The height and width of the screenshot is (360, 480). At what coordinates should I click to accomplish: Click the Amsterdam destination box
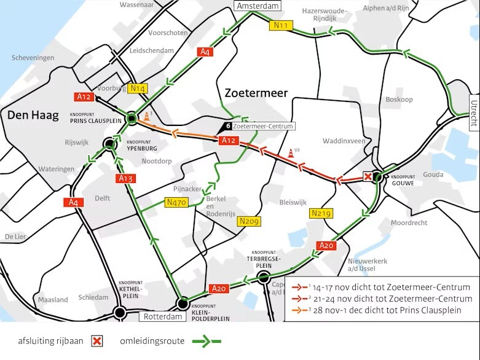(257, 6)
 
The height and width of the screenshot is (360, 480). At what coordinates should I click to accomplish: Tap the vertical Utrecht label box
(474, 113)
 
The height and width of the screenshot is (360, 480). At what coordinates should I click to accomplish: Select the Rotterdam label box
(163, 316)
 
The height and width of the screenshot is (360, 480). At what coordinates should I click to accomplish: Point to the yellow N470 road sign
(177, 202)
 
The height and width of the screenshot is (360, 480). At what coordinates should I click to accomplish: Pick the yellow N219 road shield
(321, 213)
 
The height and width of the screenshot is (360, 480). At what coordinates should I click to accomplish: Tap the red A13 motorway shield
(125, 179)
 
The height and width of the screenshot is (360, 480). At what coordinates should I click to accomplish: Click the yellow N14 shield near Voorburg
(138, 88)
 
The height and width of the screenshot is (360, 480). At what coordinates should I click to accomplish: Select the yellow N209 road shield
(250, 221)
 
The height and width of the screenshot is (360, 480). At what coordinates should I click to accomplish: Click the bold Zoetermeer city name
(256, 93)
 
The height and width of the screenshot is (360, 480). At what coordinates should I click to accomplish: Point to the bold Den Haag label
(29, 115)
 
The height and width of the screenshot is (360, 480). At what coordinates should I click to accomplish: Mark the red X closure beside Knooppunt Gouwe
(368, 177)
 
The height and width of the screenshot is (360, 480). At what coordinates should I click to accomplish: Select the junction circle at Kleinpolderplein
(183, 303)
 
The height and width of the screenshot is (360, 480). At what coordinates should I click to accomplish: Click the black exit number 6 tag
(228, 126)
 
